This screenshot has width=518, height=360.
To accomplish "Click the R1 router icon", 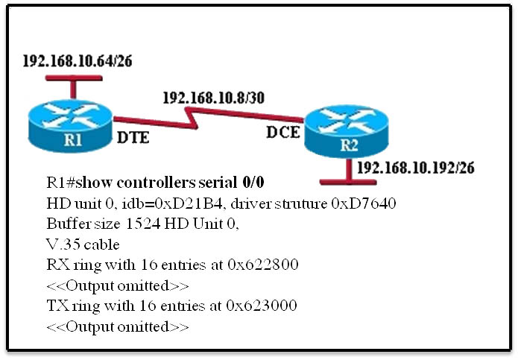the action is point(70,126).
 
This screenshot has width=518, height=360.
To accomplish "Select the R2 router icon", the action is point(347,131).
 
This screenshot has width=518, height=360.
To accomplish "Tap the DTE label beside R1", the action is point(133,137).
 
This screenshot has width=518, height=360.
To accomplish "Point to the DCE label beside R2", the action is point(283,132).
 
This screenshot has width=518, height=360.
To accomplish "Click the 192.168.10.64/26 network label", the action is point(78,61).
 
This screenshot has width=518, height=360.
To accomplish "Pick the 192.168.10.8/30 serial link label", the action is point(214,98).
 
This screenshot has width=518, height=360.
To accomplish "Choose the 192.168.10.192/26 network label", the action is point(416,168).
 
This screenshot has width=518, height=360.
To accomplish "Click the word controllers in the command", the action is point(156,183).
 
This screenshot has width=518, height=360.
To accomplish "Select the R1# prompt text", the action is point(61,183).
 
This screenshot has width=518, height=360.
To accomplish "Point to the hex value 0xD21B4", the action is point(189,203).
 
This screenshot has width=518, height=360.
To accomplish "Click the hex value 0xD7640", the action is point(364,203).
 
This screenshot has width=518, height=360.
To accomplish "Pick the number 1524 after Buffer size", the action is point(142,224).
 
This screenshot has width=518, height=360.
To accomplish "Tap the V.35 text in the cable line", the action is point(63,244).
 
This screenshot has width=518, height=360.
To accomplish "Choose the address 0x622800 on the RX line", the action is point(263,265).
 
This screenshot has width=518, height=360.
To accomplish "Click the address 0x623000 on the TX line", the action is point(262,306).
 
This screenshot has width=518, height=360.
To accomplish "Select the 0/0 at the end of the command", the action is point(253,183).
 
